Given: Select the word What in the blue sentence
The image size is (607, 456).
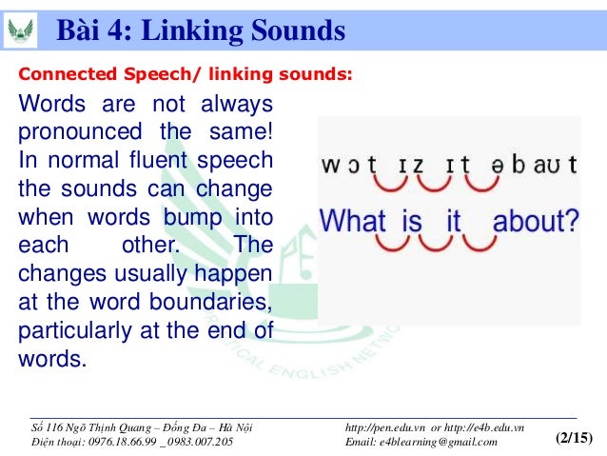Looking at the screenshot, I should coord(352,223).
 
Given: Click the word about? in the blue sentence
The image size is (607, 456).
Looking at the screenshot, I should coord(536,223).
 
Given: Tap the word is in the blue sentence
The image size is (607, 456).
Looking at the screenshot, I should coord(411,223).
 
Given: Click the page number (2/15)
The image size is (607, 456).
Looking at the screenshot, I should coord(573,438).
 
